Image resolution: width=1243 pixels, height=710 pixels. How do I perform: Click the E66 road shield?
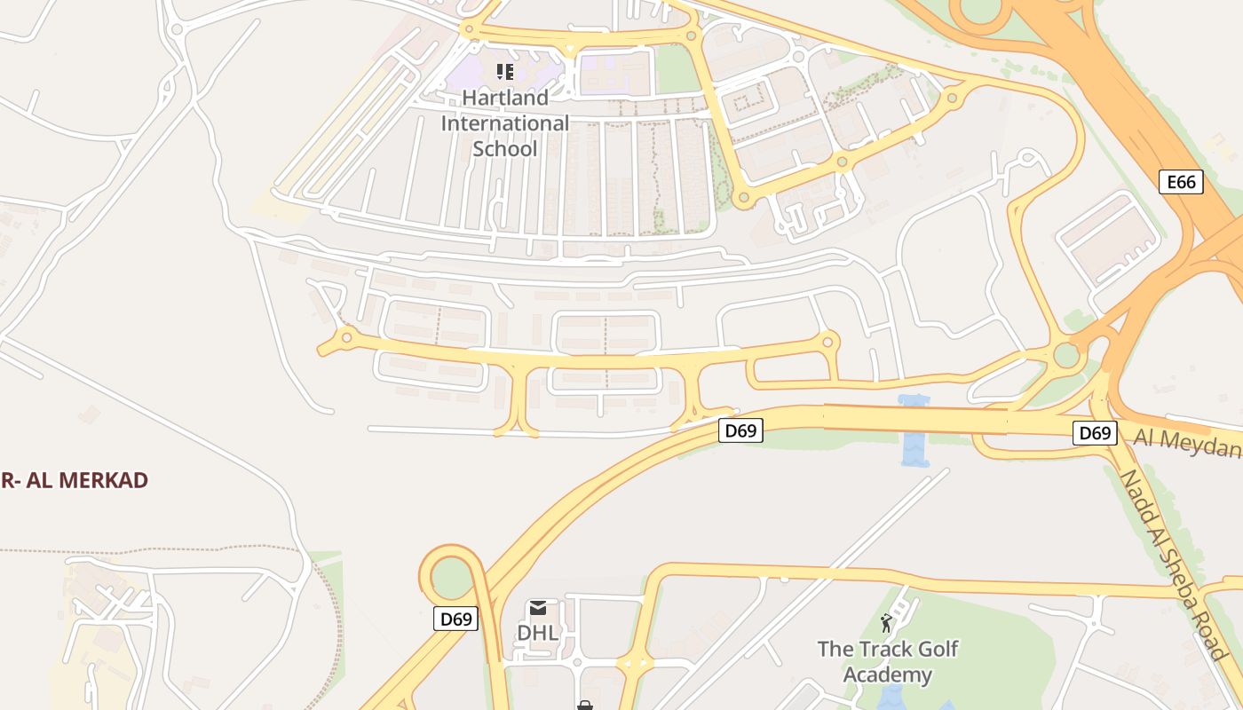tap(1181, 183)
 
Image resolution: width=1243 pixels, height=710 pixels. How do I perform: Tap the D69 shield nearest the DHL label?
tap(455, 619)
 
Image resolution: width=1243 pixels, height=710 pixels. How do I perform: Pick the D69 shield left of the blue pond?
tap(740, 431)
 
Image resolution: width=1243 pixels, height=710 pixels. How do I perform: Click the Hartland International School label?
tap(504, 123)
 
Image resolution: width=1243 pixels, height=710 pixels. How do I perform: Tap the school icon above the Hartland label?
tap(504, 72)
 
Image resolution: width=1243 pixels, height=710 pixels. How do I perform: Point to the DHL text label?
tap(537, 633)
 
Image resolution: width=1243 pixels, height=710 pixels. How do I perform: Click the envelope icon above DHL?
tap(537, 608)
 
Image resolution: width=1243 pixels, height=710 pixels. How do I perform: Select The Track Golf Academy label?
tap(887, 661)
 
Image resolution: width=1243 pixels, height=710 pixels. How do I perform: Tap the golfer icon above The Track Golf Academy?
tap(885, 623)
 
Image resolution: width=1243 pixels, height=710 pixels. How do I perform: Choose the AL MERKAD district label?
tap(75, 480)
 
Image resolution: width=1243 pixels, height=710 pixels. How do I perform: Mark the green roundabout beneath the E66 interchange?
tap(1066, 355)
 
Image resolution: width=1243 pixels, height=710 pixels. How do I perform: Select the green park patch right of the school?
tap(677, 68)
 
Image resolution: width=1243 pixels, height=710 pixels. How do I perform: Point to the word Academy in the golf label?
tap(887, 674)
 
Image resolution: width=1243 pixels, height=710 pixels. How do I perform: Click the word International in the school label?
tap(504, 123)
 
